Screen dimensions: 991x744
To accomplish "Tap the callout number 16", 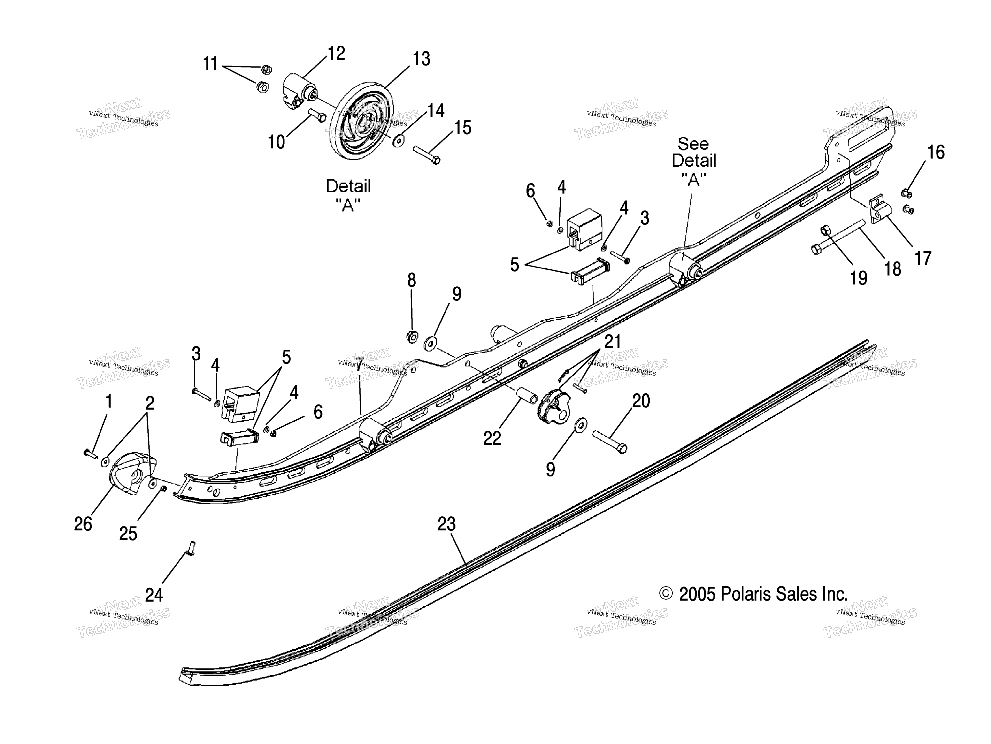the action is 936,152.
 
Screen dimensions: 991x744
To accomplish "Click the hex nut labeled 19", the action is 825,231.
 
